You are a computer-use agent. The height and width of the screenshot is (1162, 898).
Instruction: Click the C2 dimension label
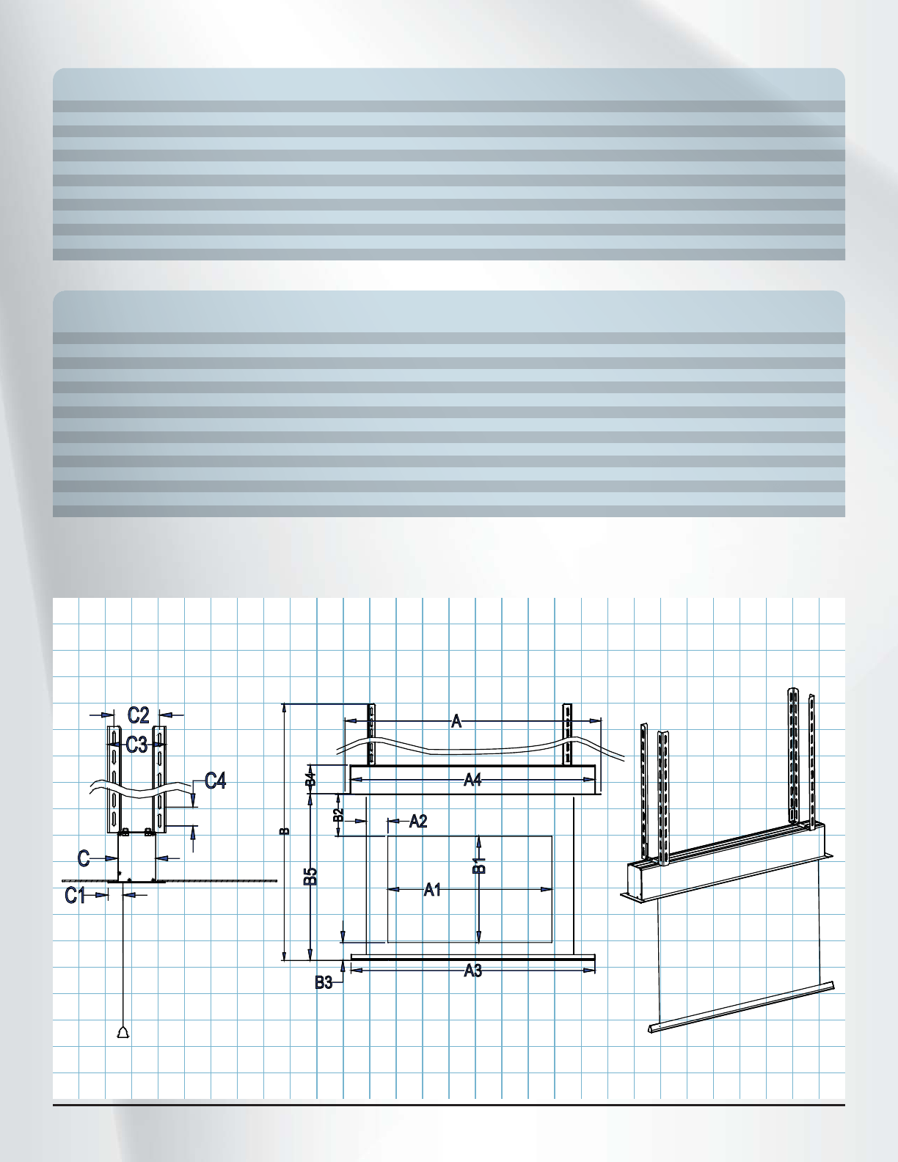(x=138, y=715)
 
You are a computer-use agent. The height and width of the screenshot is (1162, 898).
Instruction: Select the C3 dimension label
(x=136, y=745)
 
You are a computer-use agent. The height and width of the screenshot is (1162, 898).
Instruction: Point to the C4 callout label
(x=215, y=781)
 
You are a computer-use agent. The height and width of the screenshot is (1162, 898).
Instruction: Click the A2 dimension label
(x=417, y=821)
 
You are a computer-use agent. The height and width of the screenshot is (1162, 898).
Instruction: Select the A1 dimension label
(x=432, y=890)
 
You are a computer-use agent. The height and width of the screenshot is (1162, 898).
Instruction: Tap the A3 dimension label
(x=473, y=971)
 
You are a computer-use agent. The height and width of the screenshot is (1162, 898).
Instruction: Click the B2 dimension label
(x=338, y=814)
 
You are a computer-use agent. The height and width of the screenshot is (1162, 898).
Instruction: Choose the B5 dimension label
(x=311, y=876)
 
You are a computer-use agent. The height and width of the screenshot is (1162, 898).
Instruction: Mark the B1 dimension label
(x=479, y=864)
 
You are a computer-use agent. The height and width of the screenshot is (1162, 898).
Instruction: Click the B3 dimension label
(x=324, y=983)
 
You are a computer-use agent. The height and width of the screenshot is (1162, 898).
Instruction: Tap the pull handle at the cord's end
(x=123, y=1033)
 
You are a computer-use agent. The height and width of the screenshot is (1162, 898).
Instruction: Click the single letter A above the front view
(x=456, y=722)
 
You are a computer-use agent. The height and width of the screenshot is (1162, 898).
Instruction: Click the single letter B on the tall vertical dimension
(x=285, y=831)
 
